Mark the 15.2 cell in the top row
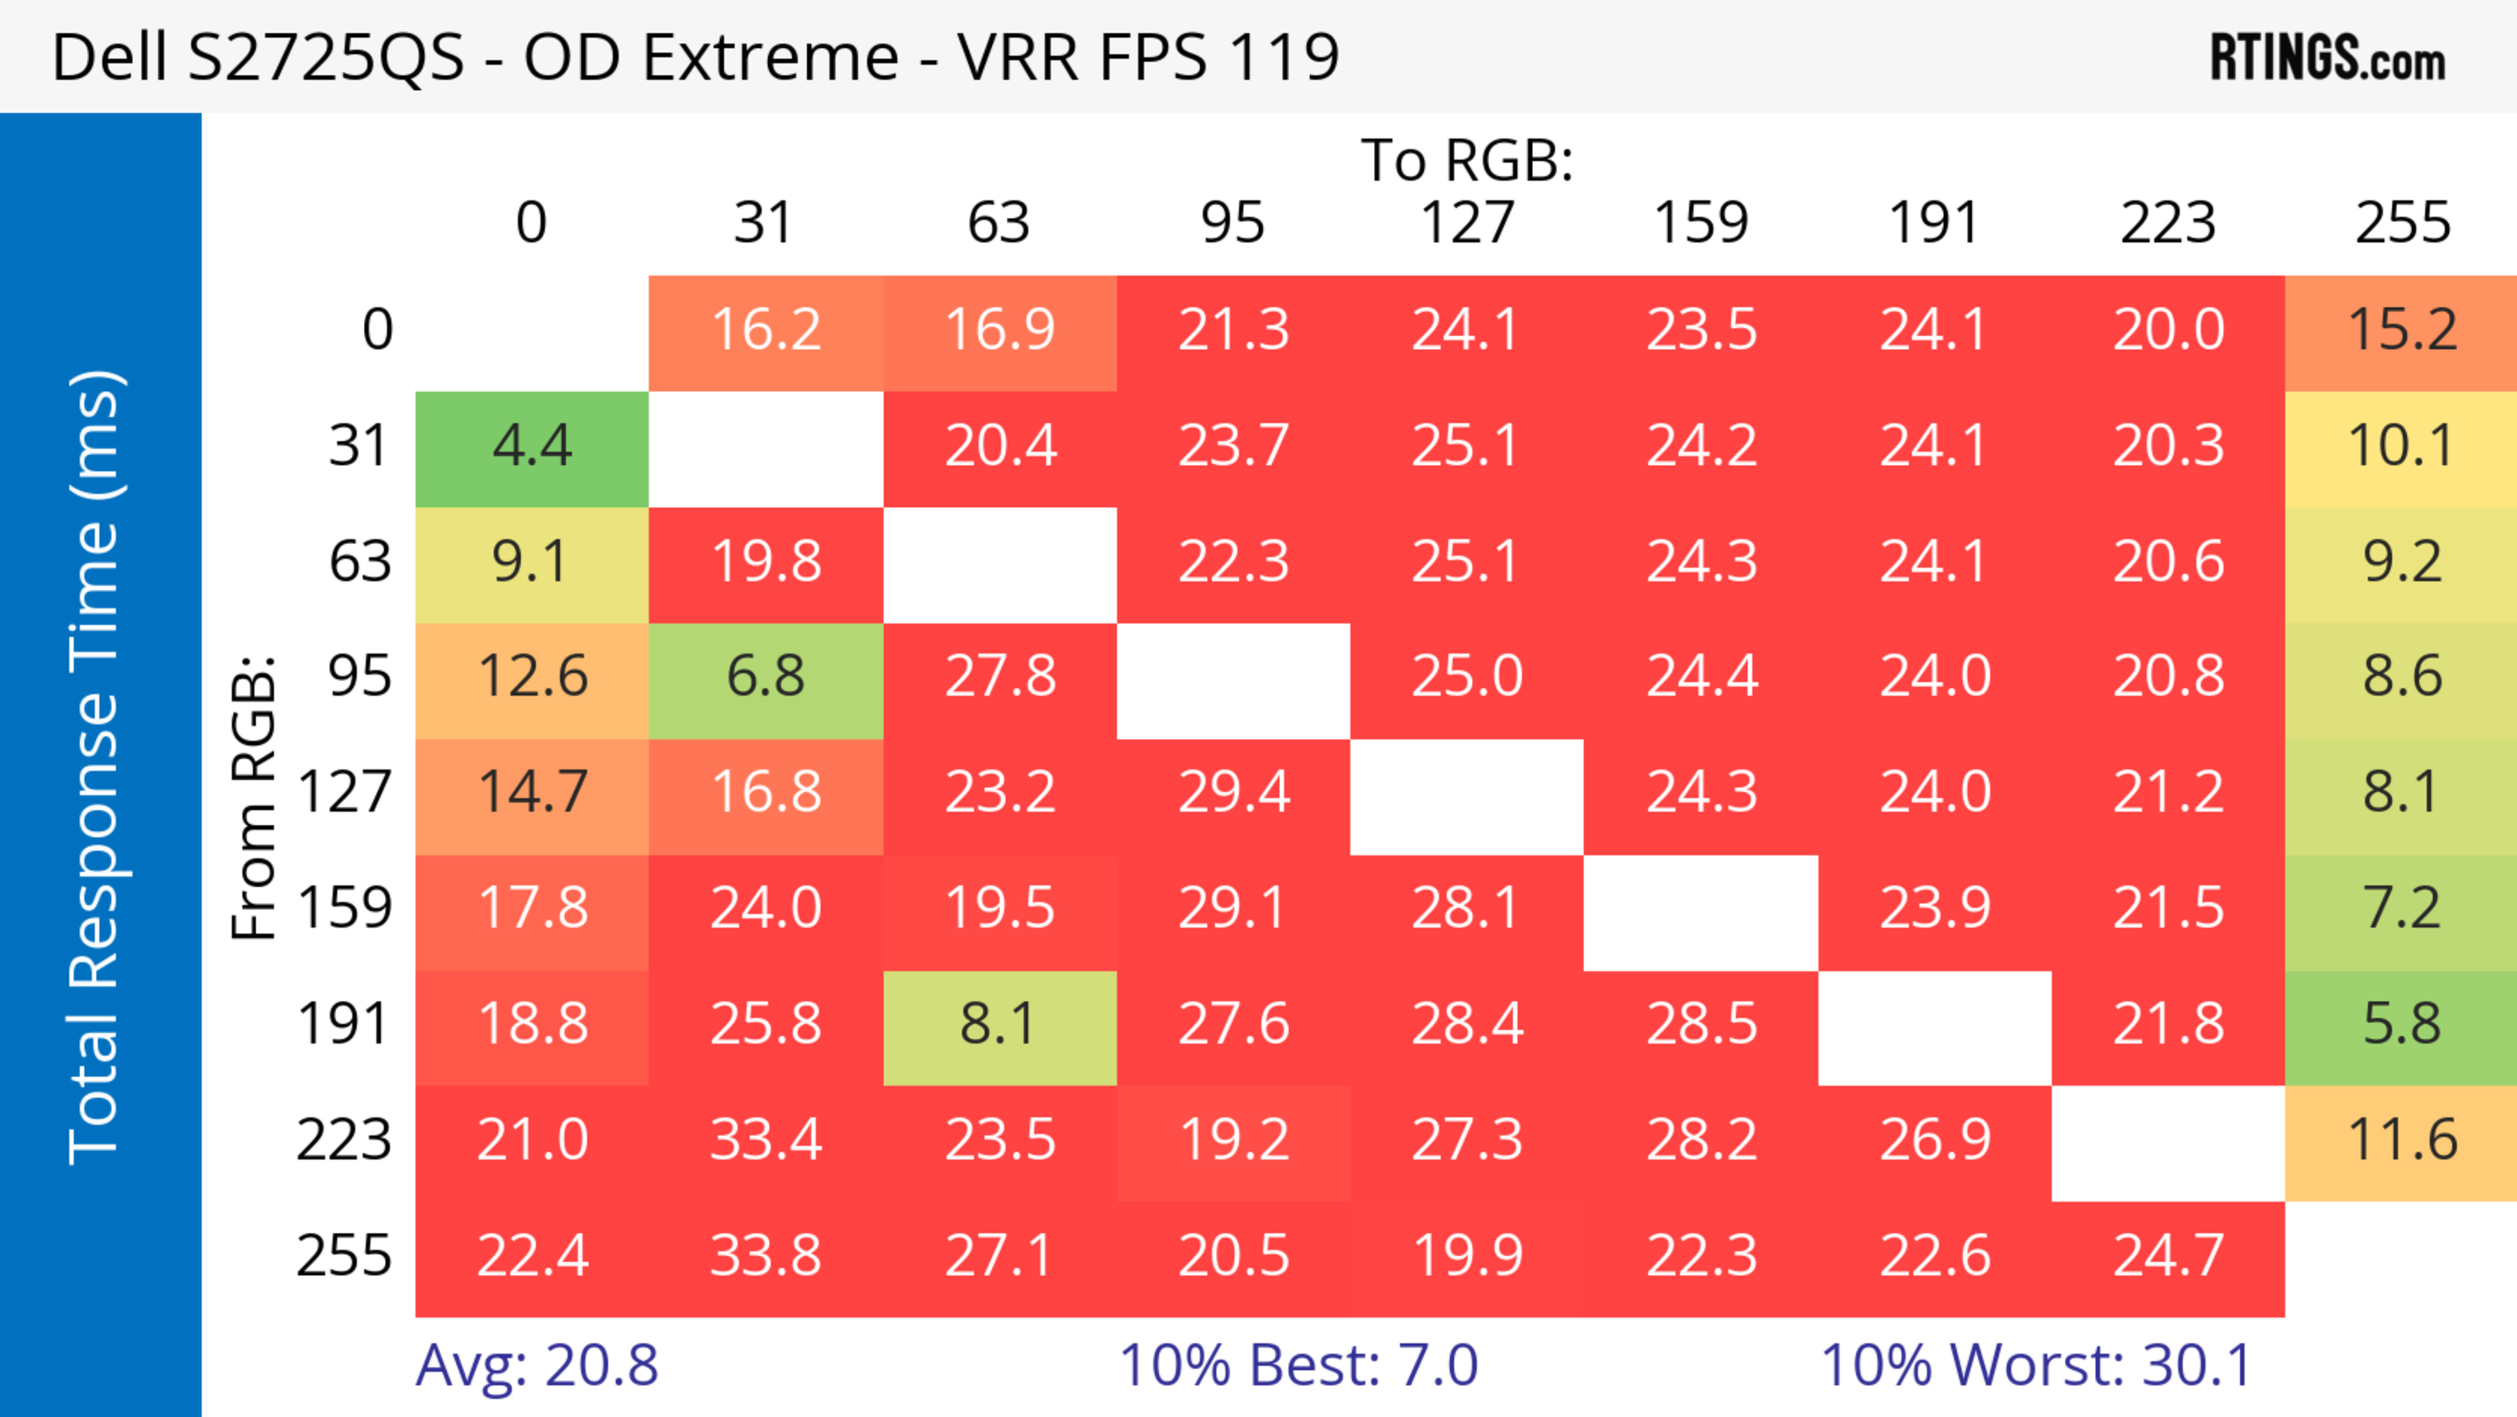tap(2401, 331)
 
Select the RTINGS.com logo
tap(2328, 58)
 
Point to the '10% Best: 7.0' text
tap(1298, 1367)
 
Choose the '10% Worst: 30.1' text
tap(2037, 1367)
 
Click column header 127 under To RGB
tap(1467, 223)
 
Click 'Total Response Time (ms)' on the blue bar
tap(96, 767)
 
